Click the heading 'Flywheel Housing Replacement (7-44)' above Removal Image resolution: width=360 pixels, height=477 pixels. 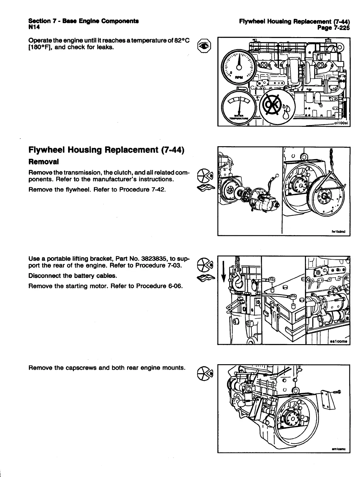pyautogui.click(x=106, y=150)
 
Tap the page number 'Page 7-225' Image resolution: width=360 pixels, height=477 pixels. pyautogui.click(x=333, y=28)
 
